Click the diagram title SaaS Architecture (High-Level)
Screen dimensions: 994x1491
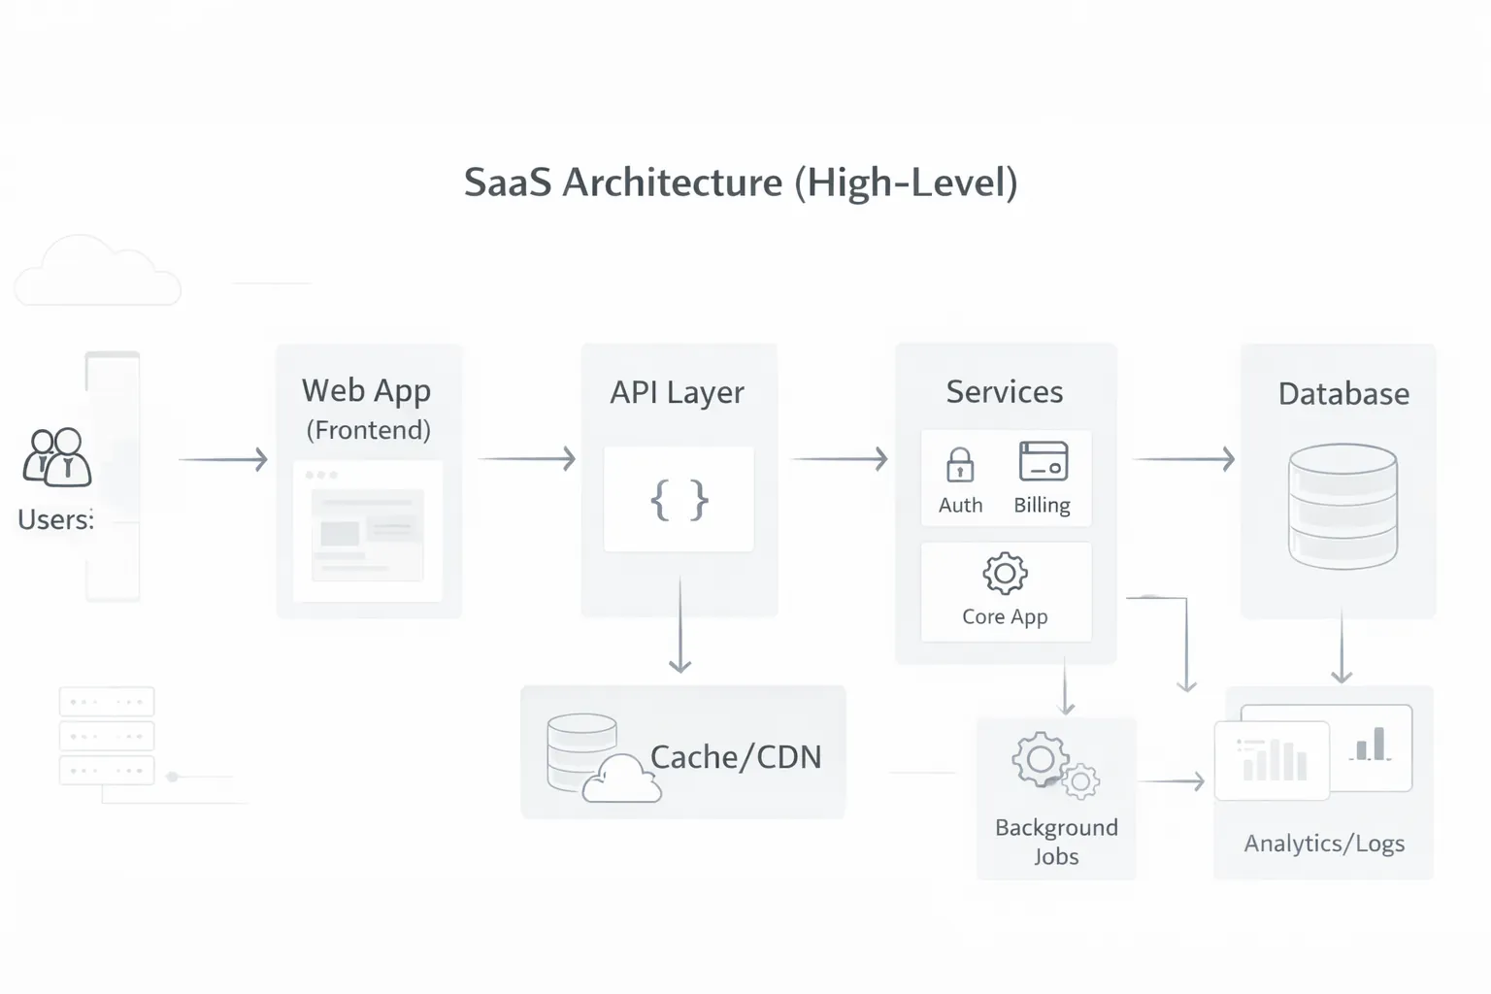click(741, 182)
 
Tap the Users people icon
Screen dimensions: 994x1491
click(57, 457)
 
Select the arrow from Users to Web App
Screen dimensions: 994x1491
click(223, 459)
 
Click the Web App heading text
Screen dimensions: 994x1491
click(366, 390)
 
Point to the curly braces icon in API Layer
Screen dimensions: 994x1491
click(679, 500)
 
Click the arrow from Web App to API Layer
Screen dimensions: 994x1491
click(527, 458)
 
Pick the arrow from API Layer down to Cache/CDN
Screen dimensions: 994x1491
click(680, 626)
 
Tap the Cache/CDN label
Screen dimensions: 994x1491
click(735, 757)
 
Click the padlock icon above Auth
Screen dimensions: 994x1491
click(960, 464)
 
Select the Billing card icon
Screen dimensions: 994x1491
click(1044, 461)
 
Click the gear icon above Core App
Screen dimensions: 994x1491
click(1005, 574)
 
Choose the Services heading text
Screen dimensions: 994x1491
click(1005, 391)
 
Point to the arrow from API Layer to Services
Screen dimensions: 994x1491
click(840, 458)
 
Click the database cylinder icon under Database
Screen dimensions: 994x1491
click(1342, 506)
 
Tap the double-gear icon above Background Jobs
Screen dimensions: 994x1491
click(1054, 766)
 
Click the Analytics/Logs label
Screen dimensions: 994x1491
click(1324, 843)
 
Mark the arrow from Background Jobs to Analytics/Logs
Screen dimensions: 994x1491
click(1172, 780)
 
